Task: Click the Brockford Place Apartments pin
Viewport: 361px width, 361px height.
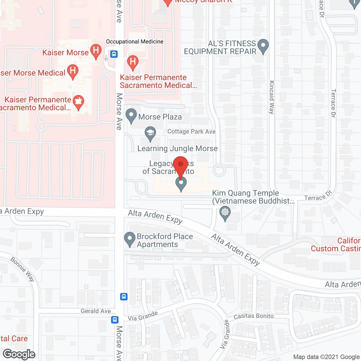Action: click(x=130, y=239)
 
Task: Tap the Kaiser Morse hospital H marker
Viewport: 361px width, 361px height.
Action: click(x=96, y=51)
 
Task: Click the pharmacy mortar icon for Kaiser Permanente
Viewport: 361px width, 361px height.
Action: click(x=78, y=102)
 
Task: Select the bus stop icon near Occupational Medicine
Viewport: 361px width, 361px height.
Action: click(x=114, y=54)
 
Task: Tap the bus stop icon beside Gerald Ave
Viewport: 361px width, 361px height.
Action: click(x=115, y=320)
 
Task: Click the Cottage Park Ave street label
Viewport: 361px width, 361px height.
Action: click(x=191, y=131)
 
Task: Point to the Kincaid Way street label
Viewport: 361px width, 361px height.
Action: click(x=272, y=97)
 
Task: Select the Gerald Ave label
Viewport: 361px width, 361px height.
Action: click(x=96, y=311)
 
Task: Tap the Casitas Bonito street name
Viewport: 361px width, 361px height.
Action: click(x=254, y=316)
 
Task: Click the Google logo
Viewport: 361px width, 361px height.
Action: click(x=19, y=354)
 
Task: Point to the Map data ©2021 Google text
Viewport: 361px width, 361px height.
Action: click(x=327, y=357)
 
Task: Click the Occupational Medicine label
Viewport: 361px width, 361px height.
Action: click(x=135, y=41)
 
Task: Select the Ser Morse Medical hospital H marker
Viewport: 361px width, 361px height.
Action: click(x=72, y=71)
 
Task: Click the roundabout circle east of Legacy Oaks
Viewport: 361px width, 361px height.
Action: click(x=219, y=170)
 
